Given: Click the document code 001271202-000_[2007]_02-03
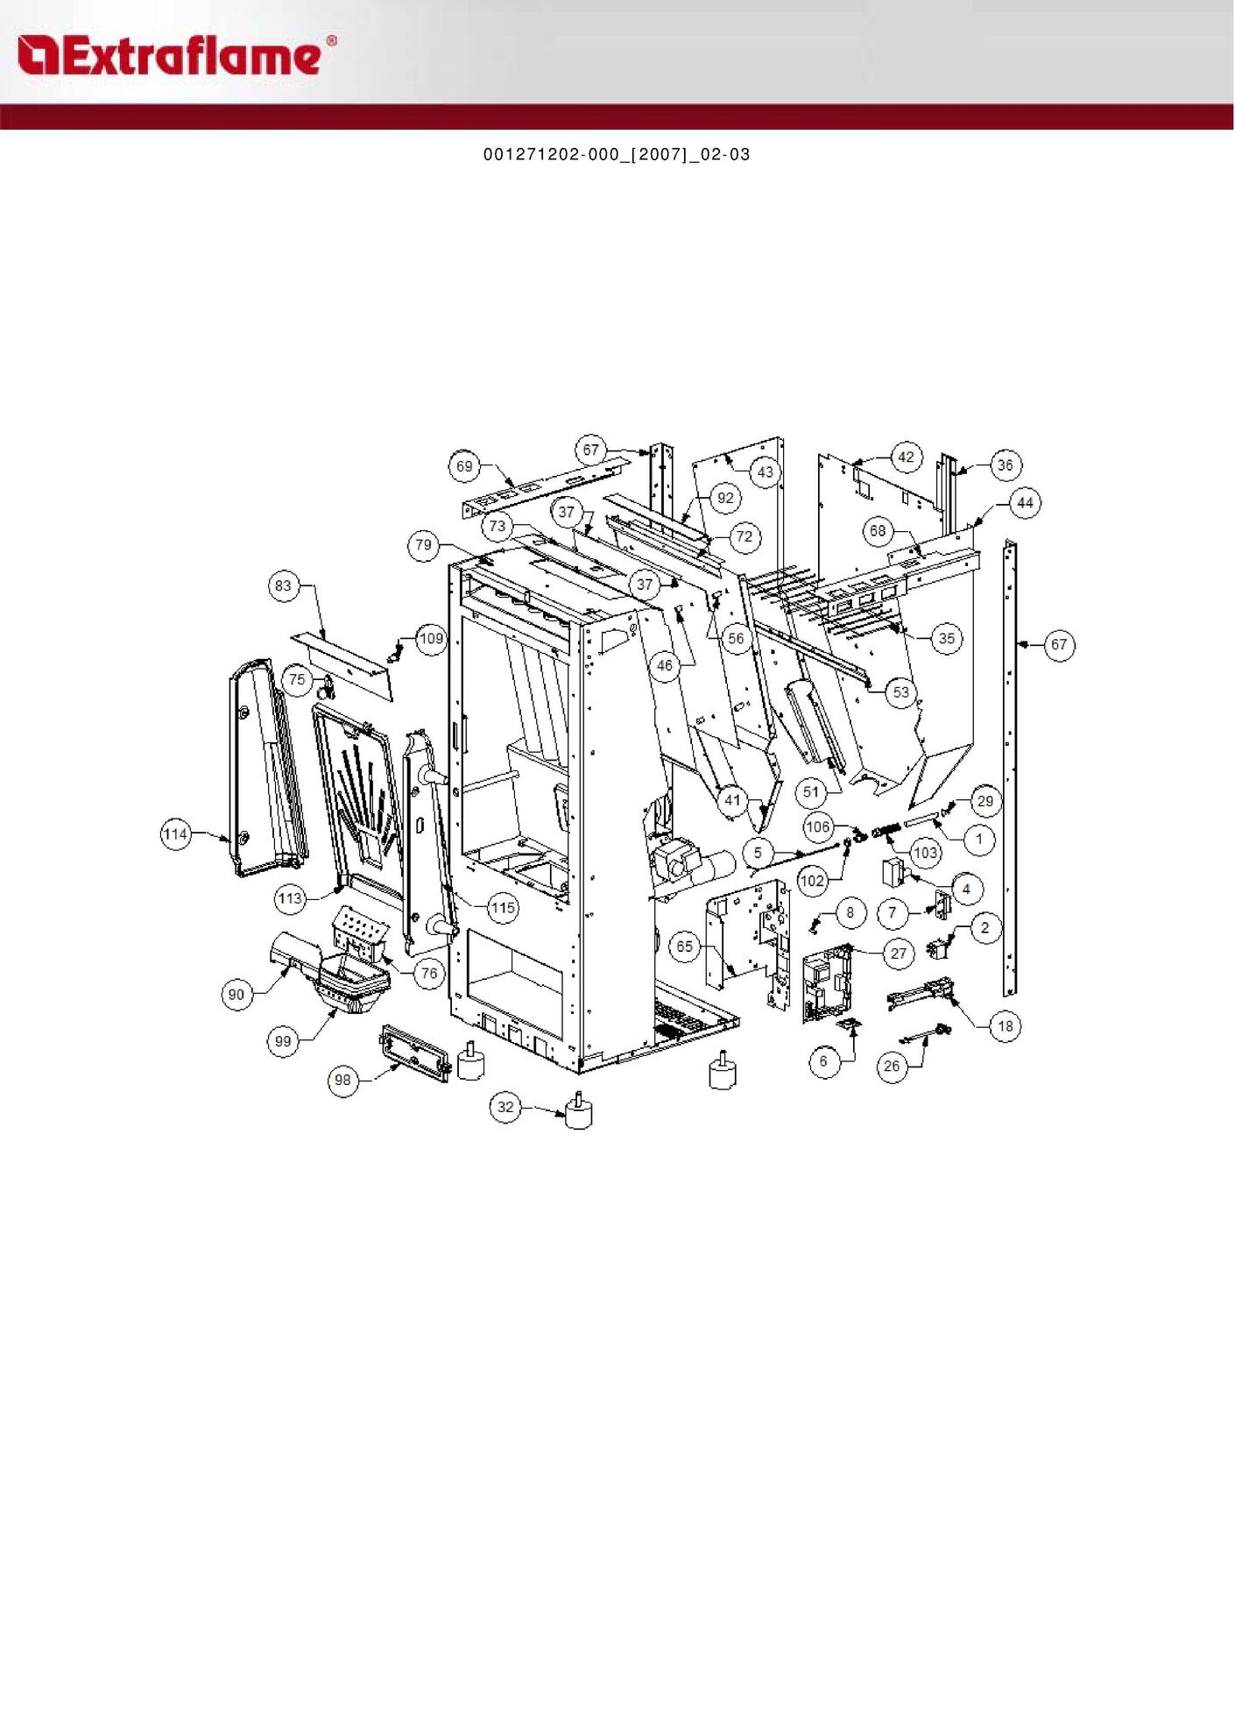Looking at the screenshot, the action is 617,154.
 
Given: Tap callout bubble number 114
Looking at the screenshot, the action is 176,833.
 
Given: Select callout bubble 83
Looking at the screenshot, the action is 283,585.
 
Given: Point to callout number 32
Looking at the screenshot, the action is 505,1107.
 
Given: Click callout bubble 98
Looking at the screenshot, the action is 343,1080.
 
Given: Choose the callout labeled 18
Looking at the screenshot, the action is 1005,1025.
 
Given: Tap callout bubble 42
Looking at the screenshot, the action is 906,457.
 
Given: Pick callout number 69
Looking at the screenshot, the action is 464,466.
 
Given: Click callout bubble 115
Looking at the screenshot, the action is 503,907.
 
